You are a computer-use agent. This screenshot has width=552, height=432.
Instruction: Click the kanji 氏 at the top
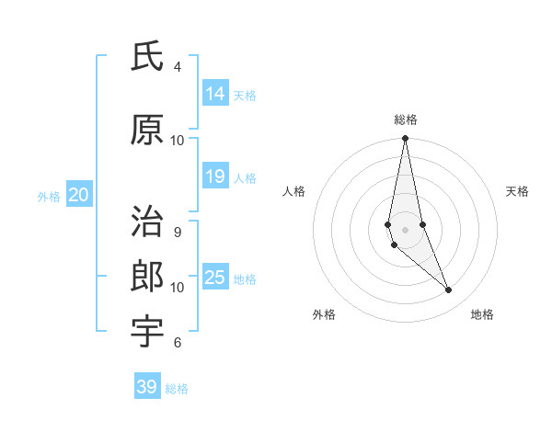pyautogui.click(x=146, y=57)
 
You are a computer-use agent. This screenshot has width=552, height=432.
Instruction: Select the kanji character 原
pyautogui.click(x=146, y=131)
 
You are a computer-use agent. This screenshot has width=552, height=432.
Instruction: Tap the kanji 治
pyautogui.click(x=146, y=223)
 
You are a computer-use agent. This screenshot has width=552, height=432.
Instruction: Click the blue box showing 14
pyautogui.click(x=215, y=93)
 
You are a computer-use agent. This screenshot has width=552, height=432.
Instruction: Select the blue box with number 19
pyautogui.click(x=215, y=176)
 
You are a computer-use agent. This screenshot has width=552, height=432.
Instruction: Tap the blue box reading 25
pyautogui.click(x=215, y=278)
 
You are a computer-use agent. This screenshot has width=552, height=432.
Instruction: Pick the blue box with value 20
pyautogui.click(x=78, y=195)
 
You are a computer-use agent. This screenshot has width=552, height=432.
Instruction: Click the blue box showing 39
pyautogui.click(x=146, y=387)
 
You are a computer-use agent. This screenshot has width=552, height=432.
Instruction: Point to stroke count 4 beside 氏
pyautogui.click(x=178, y=67)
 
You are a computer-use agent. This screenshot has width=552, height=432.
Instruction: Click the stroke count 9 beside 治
pyautogui.click(x=178, y=233)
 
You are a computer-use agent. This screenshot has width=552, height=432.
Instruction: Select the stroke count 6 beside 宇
pyautogui.click(x=178, y=343)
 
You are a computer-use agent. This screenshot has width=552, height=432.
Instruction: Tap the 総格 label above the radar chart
pyautogui.click(x=406, y=119)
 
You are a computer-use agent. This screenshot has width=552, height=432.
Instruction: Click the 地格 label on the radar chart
pyautogui.click(x=482, y=314)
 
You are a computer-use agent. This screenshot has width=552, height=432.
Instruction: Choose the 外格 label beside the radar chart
pyautogui.click(x=324, y=314)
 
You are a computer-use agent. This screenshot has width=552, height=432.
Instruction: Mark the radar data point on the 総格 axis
pyautogui.click(x=405, y=139)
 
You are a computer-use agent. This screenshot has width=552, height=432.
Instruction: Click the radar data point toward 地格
pyautogui.click(x=449, y=290)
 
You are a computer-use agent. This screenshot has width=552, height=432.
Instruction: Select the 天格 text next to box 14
pyautogui.click(x=245, y=95)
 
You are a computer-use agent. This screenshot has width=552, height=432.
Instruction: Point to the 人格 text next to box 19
pyautogui.click(x=245, y=178)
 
